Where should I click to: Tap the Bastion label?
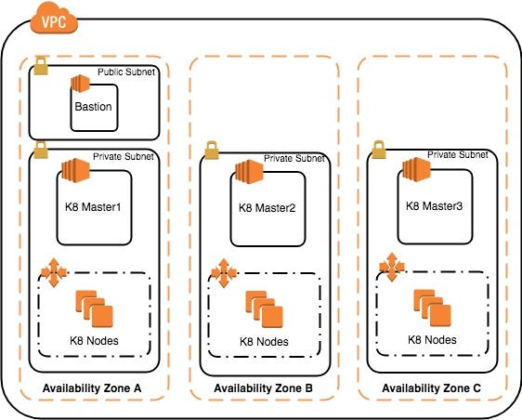pos(93,107)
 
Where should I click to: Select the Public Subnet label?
pos(126,72)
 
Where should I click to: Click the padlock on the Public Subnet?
pos(41,66)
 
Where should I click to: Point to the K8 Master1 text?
pos(93,207)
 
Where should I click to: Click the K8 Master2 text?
pos(267,208)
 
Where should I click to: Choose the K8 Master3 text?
pos(434,206)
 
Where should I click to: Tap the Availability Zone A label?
pos(92,388)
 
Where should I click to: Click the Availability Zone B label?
pos(263,388)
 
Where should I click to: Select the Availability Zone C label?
pos(431,388)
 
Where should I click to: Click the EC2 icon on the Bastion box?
pos(80,84)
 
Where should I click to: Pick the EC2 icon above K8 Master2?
pos(249,172)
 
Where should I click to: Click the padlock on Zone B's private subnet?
pos(212,151)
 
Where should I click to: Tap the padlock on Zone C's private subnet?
pos(379,150)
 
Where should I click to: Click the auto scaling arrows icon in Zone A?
pos(54,272)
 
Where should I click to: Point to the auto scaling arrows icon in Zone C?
pos(392,267)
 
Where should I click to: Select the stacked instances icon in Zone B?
pos(265,309)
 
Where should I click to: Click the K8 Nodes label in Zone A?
pos(94,341)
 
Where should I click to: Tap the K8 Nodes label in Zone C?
pos(432,340)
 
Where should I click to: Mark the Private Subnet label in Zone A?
pos(124,156)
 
